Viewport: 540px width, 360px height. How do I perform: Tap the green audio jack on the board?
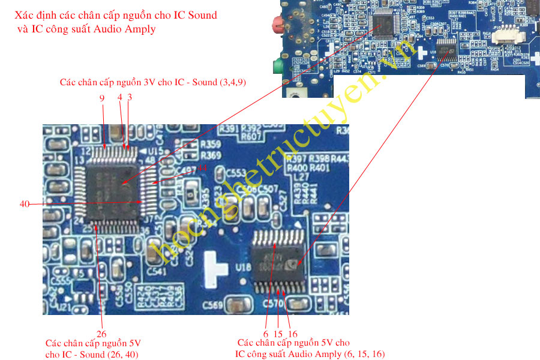pyautogui.click(x=277, y=65)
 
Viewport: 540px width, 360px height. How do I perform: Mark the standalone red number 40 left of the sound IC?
pyautogui.click(x=25, y=204)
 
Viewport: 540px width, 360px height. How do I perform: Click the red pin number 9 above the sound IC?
pyautogui.click(x=102, y=98)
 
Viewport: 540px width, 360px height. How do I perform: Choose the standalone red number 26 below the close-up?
pyautogui.click(x=101, y=334)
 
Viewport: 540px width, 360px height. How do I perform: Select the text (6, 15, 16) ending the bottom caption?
pyautogui.click(x=365, y=354)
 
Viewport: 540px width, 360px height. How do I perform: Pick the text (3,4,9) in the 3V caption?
pyautogui.click(x=233, y=82)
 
